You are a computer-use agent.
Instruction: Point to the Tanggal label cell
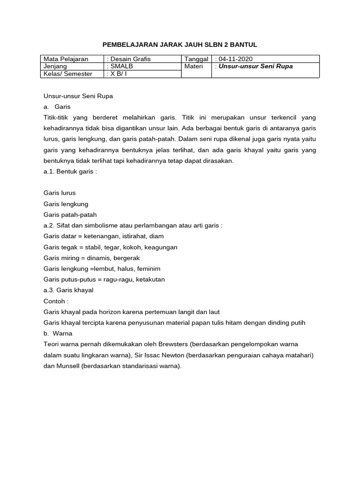[x=196, y=59]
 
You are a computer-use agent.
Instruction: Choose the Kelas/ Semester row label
[x=68, y=74]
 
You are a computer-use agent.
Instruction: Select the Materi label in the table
[x=194, y=66]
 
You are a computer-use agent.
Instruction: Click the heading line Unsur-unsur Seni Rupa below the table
[x=78, y=96]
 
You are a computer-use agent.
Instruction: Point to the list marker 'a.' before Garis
[x=46, y=107]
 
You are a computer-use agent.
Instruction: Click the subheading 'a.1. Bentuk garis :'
[x=70, y=172]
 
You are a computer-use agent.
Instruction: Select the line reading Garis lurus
[x=60, y=193]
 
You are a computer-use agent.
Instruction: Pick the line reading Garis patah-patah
[x=70, y=215]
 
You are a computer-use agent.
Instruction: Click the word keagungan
[x=161, y=247]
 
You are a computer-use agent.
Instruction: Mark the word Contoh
[x=54, y=301]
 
